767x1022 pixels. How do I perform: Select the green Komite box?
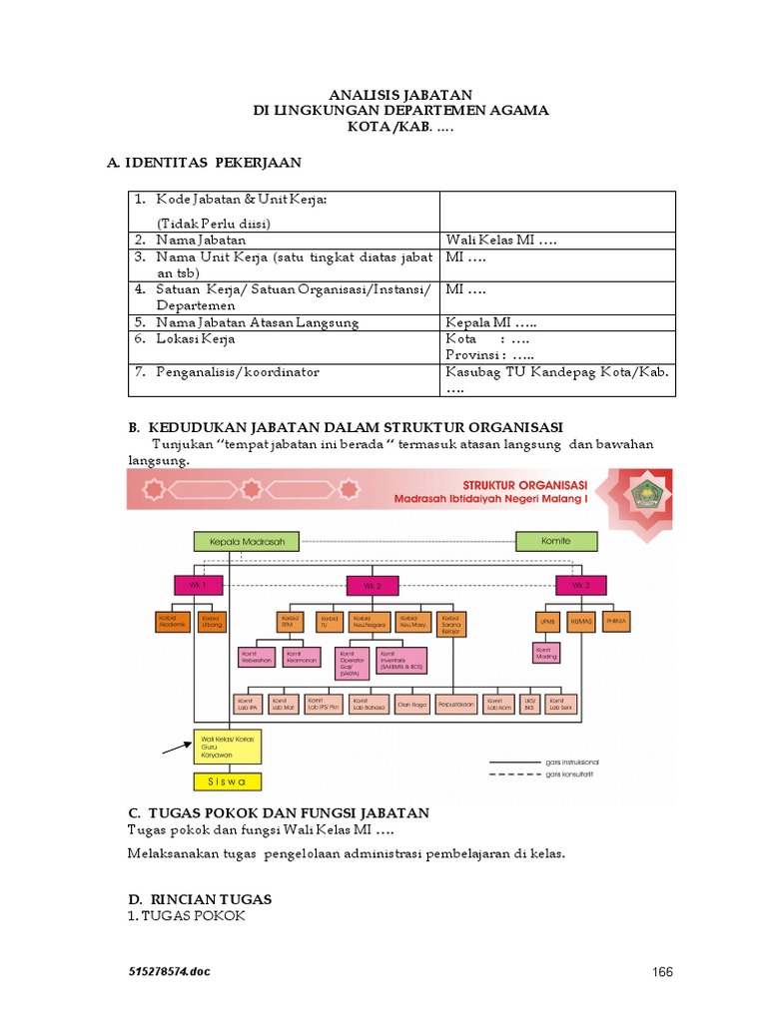click(557, 542)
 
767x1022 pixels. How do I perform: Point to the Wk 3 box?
click(581, 584)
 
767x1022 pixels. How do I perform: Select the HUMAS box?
click(582, 621)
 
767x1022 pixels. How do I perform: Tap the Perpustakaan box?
click(454, 705)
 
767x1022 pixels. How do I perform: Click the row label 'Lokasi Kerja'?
click(195, 338)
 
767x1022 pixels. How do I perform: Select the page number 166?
click(663, 971)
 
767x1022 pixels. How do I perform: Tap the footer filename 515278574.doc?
click(169, 971)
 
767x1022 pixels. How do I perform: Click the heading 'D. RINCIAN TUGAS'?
click(200, 899)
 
